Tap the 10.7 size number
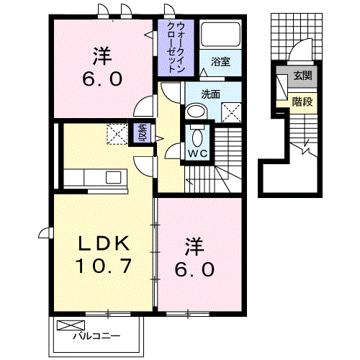[104, 267]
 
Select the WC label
[197, 153]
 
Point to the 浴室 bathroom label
[220, 61]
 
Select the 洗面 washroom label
[210, 93]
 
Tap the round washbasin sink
[195, 112]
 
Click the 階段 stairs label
[302, 102]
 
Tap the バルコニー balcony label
[96, 336]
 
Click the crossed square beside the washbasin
[232, 111]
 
